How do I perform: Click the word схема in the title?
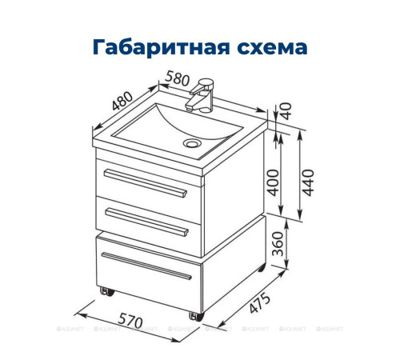tap(270, 46)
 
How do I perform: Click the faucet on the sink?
tap(201, 94)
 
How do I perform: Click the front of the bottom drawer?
tap(148, 276)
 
